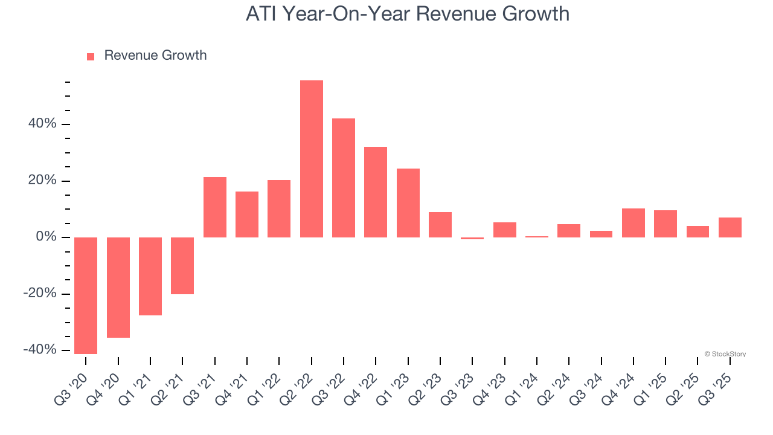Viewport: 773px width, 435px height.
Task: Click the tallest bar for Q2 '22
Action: click(x=312, y=159)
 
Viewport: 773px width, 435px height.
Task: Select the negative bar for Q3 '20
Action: click(x=86, y=295)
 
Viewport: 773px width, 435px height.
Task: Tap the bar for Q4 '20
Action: click(x=118, y=288)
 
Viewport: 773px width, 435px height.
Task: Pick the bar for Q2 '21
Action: click(x=182, y=266)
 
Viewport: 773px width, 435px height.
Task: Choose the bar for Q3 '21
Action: click(x=215, y=207)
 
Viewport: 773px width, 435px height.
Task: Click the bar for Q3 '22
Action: click(x=344, y=178)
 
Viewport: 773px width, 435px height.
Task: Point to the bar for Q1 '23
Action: click(x=408, y=203)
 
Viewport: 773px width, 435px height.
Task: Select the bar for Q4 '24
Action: click(x=633, y=223)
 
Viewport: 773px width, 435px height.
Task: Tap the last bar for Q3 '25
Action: click(x=730, y=227)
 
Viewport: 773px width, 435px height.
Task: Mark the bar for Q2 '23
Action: click(x=440, y=225)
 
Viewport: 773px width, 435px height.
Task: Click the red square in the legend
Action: click(x=91, y=57)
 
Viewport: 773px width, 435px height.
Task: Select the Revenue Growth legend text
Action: click(x=155, y=56)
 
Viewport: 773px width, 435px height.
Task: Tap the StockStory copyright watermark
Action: click(x=725, y=354)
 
